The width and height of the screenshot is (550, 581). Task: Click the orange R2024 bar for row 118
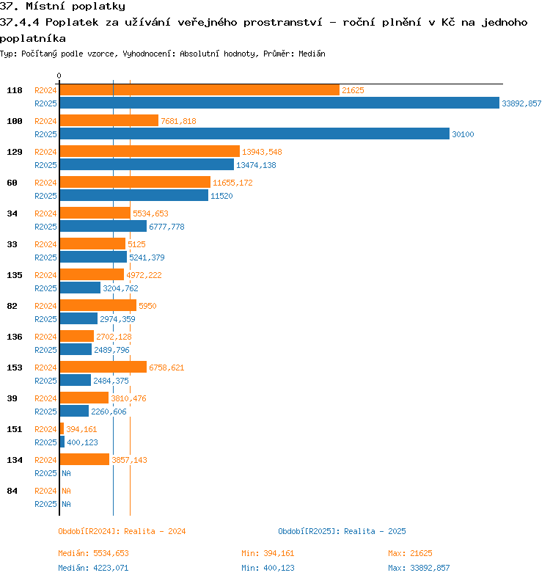(x=199, y=90)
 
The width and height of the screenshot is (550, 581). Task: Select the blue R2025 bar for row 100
(x=254, y=134)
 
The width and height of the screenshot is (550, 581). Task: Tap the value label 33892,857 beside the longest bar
(x=521, y=103)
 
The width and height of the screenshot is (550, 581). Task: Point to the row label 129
(x=15, y=152)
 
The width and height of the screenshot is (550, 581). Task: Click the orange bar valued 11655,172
(x=135, y=183)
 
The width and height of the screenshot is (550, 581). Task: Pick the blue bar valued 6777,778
(x=103, y=226)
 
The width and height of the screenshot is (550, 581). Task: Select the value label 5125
(x=136, y=244)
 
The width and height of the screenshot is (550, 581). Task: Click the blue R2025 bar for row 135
(x=80, y=288)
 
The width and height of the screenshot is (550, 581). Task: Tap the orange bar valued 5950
(x=98, y=305)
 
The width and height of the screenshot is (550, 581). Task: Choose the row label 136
(x=15, y=337)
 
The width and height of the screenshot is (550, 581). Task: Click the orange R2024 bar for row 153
(x=103, y=367)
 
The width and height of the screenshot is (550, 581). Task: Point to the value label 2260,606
(x=109, y=412)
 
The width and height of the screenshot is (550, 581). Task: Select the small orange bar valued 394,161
(x=62, y=428)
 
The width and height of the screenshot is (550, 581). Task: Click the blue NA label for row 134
(x=66, y=473)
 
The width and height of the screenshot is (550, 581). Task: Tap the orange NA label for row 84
(x=66, y=491)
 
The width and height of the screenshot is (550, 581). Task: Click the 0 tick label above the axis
(x=59, y=76)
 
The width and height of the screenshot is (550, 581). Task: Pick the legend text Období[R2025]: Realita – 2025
(x=342, y=531)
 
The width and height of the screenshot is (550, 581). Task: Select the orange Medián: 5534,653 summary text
(x=93, y=553)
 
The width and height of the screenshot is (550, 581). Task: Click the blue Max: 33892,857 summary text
(x=419, y=568)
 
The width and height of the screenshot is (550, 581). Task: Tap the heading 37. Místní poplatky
(x=62, y=7)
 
